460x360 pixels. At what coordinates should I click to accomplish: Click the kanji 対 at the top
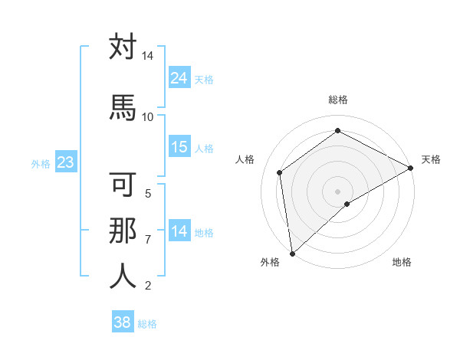(x=123, y=47)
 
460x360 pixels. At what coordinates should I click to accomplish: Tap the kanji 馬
(x=123, y=106)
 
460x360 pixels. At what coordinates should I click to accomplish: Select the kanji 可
(x=123, y=186)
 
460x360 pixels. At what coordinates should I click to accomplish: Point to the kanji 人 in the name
(x=123, y=276)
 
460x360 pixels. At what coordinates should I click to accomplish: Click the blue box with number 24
(x=179, y=77)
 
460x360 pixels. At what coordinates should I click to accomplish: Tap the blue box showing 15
(x=179, y=147)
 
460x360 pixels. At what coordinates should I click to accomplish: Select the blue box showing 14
(x=179, y=231)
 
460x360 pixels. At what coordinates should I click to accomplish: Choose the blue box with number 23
(x=65, y=162)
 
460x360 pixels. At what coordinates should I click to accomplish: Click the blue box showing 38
(x=122, y=322)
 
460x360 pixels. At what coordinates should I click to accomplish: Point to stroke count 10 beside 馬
(x=147, y=116)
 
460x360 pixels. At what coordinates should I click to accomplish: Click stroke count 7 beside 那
(x=148, y=240)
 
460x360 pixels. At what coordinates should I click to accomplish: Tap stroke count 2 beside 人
(x=148, y=286)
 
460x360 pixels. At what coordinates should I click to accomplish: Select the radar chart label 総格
(x=337, y=100)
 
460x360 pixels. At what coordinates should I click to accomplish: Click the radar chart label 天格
(x=431, y=159)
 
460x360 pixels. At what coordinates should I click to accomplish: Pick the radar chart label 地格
(x=402, y=262)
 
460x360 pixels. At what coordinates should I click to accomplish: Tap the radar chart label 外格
(x=270, y=262)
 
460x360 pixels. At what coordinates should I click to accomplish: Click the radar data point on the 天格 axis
(x=411, y=168)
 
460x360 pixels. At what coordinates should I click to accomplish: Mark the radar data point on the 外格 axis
(x=292, y=253)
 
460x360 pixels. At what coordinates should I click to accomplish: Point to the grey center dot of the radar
(x=337, y=191)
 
